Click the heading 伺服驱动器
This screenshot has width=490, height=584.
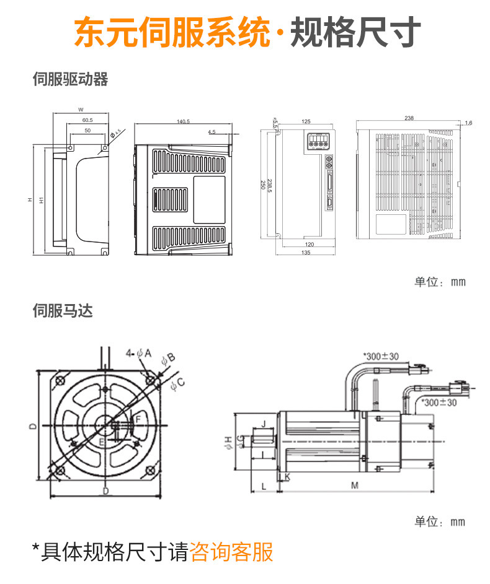pyautogui.click(x=70, y=79)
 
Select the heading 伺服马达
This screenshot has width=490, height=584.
pyautogui.click(x=62, y=311)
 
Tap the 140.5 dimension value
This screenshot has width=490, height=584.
pyautogui.click(x=183, y=121)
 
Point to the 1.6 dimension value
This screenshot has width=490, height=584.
pyautogui.click(x=468, y=123)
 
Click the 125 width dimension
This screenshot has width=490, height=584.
pyautogui.click(x=306, y=122)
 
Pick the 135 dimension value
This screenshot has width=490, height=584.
pyautogui.click(x=306, y=253)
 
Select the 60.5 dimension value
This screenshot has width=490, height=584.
pyautogui.click(x=87, y=120)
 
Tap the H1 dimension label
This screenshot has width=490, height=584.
pyautogui.click(x=41, y=200)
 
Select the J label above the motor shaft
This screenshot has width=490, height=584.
pyautogui.click(x=264, y=424)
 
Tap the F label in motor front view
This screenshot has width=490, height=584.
pyautogui.click(x=138, y=420)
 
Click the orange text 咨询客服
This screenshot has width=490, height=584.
pyautogui.click(x=231, y=551)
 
